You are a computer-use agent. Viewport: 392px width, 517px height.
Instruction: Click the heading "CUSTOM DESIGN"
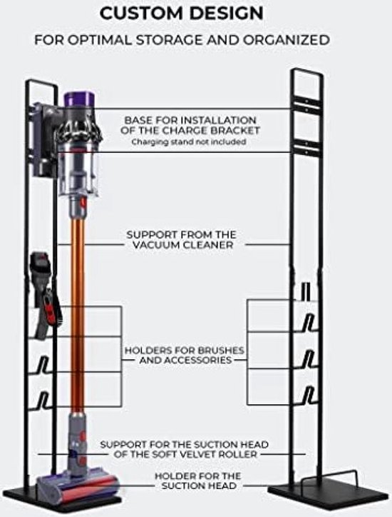(x=181, y=14)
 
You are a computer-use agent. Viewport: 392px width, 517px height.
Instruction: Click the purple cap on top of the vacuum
(x=81, y=99)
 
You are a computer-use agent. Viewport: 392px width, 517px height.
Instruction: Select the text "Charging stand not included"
(x=189, y=142)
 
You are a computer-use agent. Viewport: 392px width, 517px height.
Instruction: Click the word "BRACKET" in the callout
(x=234, y=131)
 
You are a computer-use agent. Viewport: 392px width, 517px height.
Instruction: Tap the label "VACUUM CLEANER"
(x=183, y=245)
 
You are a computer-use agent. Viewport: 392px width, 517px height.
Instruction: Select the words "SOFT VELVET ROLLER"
(x=200, y=454)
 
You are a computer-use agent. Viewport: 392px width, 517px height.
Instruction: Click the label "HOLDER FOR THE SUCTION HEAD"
(x=198, y=481)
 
